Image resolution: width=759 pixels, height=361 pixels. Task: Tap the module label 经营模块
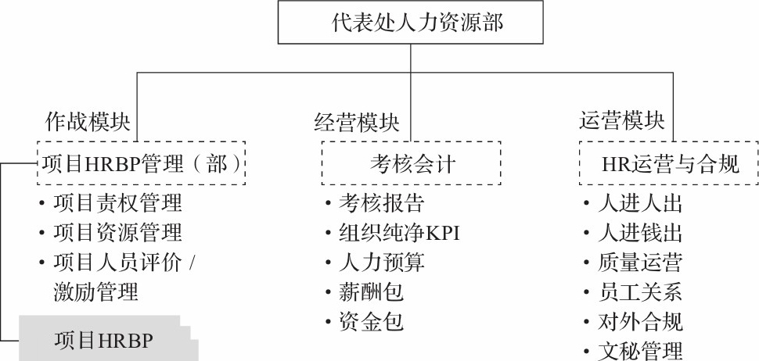[356, 122]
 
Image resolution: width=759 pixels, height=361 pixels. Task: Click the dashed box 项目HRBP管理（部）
[140, 164]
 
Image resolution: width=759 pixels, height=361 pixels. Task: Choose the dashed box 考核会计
[412, 164]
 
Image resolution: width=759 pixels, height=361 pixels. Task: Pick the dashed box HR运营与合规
[670, 164]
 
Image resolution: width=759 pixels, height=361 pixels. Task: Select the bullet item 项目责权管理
[117, 203]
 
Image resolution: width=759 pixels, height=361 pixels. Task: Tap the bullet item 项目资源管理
[117, 232]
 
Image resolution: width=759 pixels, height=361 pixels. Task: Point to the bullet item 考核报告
[382, 203]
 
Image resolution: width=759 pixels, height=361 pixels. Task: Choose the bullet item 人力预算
[382, 262]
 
